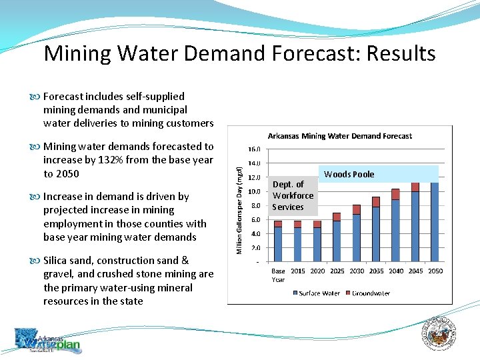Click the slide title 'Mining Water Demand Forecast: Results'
[x=239, y=53]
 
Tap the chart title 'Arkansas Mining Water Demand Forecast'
[x=339, y=136]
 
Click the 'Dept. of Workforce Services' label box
[x=293, y=195]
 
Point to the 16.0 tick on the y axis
[x=254, y=150]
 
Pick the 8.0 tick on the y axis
[x=255, y=205]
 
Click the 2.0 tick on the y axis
[x=255, y=247]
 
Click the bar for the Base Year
[x=278, y=241]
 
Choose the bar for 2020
[x=317, y=241]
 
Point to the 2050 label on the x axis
[x=435, y=271]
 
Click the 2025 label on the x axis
[x=337, y=271]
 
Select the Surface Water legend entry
[x=316, y=293]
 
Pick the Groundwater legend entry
[x=368, y=293]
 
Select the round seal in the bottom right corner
[x=440, y=334]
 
